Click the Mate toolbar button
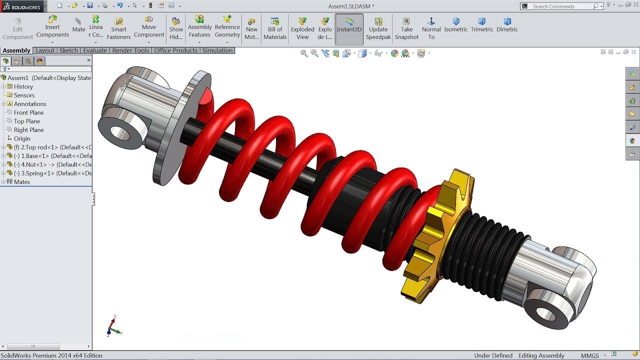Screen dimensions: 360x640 coord(78,25)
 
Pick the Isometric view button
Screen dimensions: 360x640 coord(456,24)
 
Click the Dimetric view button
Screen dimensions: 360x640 coord(507,24)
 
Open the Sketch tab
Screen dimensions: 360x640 coord(68,50)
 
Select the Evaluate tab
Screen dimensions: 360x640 coord(95,50)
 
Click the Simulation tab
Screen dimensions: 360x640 coord(217,50)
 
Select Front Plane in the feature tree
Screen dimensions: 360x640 coord(28,112)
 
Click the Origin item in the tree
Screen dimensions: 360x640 coord(22,138)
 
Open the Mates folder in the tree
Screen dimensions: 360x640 coord(22,182)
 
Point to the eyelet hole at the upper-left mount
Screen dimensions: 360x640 coord(120,132)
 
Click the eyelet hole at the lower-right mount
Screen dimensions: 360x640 coord(545,314)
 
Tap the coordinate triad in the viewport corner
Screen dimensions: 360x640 coord(114,326)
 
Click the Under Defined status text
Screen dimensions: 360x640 coord(493,355)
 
